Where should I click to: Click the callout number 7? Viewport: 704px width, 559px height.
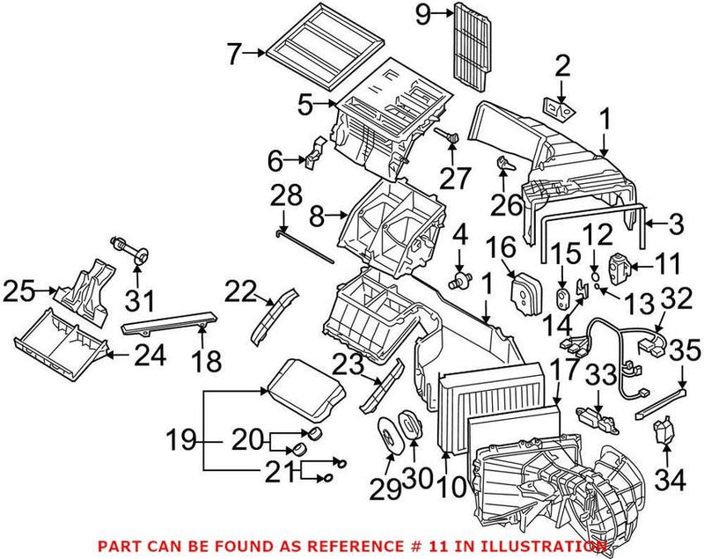click(x=233, y=55)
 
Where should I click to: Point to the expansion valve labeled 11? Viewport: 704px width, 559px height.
click(x=620, y=266)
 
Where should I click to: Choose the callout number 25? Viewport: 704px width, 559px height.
click(x=22, y=288)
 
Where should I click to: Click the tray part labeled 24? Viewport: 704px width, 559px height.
click(x=57, y=346)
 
